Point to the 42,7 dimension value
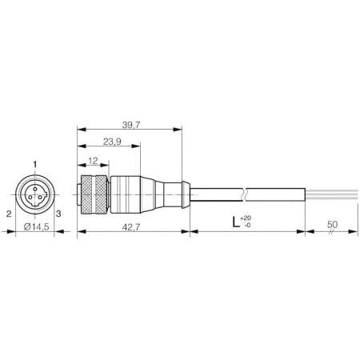click(134, 226)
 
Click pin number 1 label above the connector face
click(34, 165)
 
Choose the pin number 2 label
click(7, 214)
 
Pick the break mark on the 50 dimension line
click(329, 234)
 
